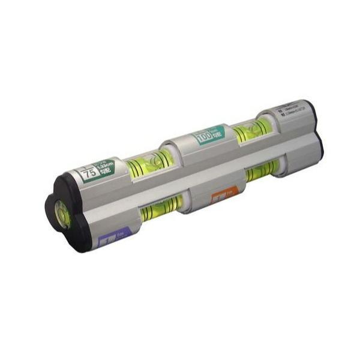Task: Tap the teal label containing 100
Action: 210,136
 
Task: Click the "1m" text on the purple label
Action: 121,233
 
